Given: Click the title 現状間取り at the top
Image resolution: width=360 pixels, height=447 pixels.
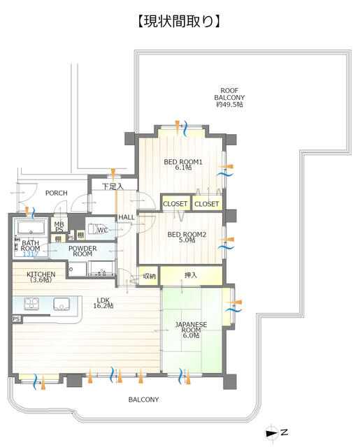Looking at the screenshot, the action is pyautogui.click(x=179, y=22).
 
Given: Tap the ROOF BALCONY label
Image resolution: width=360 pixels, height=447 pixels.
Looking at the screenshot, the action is pyautogui.click(x=229, y=98).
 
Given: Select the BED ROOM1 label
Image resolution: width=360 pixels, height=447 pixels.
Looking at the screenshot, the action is pyautogui.click(x=183, y=165).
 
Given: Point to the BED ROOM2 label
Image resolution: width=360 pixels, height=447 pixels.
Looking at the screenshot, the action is pyautogui.click(x=187, y=237).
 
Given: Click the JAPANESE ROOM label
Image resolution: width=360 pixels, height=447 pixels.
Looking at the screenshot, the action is pyautogui.click(x=191, y=330).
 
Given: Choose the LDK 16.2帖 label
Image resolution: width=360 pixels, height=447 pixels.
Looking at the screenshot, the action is pyautogui.click(x=103, y=302).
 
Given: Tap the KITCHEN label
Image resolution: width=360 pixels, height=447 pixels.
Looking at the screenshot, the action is pyautogui.click(x=41, y=277).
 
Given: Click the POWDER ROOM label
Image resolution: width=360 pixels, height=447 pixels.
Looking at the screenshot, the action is pyautogui.click(x=82, y=251).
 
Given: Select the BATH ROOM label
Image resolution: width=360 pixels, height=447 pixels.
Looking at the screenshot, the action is pyautogui.click(x=30, y=246).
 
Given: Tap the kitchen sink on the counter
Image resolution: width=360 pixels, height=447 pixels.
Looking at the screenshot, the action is pyautogui.click(x=61, y=304).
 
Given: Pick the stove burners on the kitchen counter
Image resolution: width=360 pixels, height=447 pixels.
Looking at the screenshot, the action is pyautogui.click(x=31, y=304).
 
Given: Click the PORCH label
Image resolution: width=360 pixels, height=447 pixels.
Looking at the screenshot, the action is pyautogui.click(x=57, y=193).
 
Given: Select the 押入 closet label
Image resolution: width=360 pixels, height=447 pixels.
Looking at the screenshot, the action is pyautogui.click(x=191, y=275).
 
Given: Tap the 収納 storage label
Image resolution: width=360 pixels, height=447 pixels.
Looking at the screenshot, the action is pyautogui.click(x=149, y=276).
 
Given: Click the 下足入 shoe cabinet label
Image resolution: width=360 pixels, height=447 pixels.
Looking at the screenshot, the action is pyautogui.click(x=113, y=186).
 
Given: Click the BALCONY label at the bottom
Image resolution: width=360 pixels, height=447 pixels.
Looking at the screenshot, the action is pyautogui.click(x=143, y=400).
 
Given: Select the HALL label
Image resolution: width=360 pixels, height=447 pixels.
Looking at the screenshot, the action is pyautogui.click(x=126, y=217).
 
